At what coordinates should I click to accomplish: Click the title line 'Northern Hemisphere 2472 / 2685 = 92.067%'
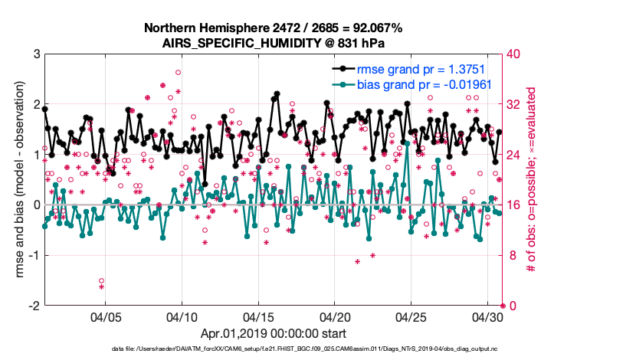click(273, 28)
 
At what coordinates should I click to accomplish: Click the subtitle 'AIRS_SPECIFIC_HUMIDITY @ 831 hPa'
click(273, 43)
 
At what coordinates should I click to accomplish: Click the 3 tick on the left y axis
click(36, 54)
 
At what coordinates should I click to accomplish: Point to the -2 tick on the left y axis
click(34, 306)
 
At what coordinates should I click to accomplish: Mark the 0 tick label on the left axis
click(36, 205)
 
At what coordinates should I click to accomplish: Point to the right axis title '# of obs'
click(529, 180)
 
